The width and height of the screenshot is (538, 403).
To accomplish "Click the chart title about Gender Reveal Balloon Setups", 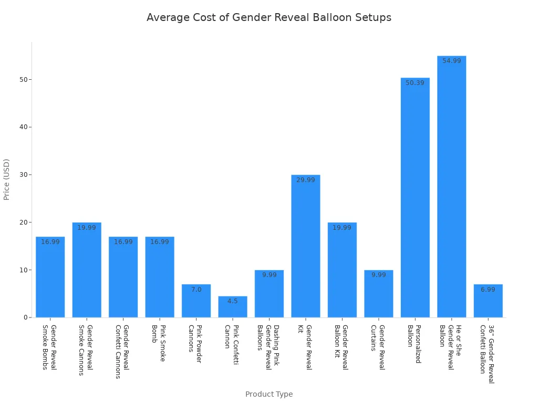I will [x=268, y=17].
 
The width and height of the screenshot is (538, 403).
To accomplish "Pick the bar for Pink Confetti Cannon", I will [x=233, y=307].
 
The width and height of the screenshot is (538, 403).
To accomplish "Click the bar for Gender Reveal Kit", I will [x=306, y=246].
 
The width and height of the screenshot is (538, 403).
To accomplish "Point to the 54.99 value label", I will [x=451, y=61].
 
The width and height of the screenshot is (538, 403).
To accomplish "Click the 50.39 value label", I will [x=415, y=83].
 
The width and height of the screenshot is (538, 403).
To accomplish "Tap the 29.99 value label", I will [x=306, y=180].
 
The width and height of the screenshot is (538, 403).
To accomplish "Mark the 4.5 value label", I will [x=233, y=301].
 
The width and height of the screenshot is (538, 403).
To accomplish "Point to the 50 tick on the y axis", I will [x=24, y=80].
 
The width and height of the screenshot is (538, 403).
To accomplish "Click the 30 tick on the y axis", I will [x=24, y=175].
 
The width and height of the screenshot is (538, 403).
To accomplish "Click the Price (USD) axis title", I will [x=7, y=179].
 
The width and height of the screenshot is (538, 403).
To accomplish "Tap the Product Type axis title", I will [x=269, y=394].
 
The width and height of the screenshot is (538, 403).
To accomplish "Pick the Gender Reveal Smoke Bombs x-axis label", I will [x=49, y=347].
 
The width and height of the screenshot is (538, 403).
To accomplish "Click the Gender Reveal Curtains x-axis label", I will [x=378, y=347].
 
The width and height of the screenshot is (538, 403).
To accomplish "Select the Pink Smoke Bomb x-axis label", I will [x=159, y=341].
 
